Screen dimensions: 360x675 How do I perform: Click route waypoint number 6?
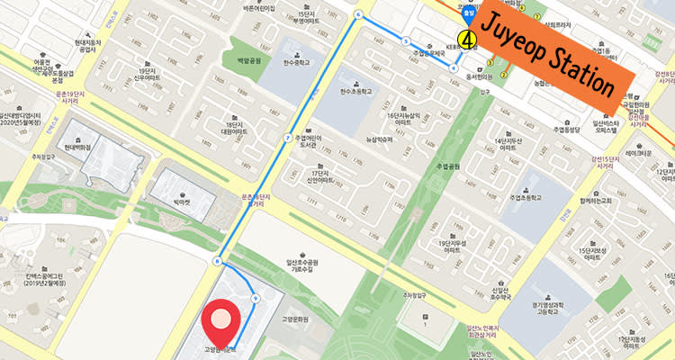pos(358,15)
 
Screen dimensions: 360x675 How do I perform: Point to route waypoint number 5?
pos(407,41)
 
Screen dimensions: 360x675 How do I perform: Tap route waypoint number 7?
pos(287,138)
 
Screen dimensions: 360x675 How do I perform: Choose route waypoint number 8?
pos(217,261)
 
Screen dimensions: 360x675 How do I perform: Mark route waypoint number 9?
pos(256,298)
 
